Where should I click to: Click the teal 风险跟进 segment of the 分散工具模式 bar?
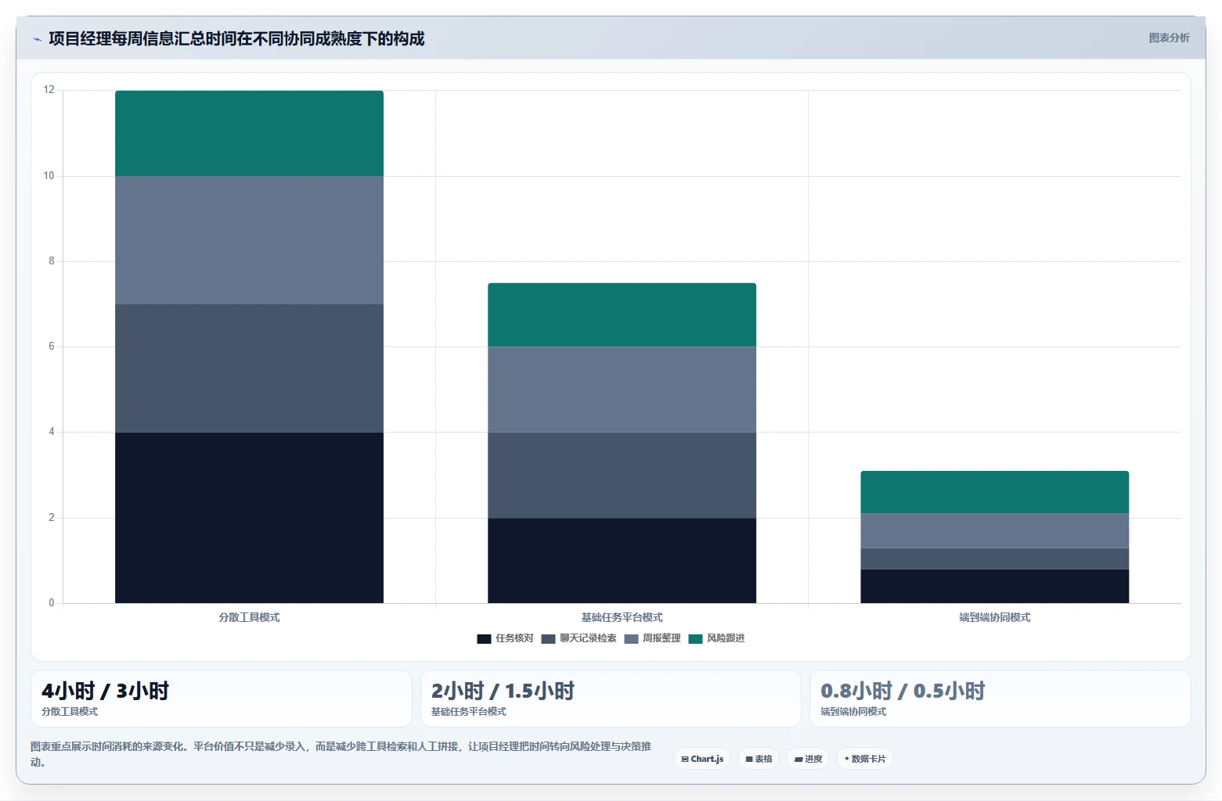point(249,133)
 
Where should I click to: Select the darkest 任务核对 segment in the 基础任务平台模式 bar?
point(622,561)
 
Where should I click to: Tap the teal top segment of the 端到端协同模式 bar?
point(994,492)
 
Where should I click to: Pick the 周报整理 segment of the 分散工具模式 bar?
point(249,240)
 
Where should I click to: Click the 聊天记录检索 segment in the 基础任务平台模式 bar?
point(622,475)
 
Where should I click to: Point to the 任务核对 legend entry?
point(505,638)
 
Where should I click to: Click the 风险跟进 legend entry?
point(716,638)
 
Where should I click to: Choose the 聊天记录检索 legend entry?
point(579,638)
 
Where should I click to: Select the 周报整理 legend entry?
point(652,638)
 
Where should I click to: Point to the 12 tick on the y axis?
point(49,90)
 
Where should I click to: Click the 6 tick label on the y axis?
point(52,347)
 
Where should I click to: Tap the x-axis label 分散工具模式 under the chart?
point(249,617)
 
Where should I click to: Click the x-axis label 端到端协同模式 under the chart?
point(994,617)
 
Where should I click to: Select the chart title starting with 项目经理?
point(236,38)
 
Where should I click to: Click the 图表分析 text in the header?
point(1169,38)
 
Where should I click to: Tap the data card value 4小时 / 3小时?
point(105,691)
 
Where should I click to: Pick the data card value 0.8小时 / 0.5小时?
point(903,691)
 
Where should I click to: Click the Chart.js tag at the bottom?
point(702,759)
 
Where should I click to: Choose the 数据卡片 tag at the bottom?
point(865,759)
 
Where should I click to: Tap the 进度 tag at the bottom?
point(808,759)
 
